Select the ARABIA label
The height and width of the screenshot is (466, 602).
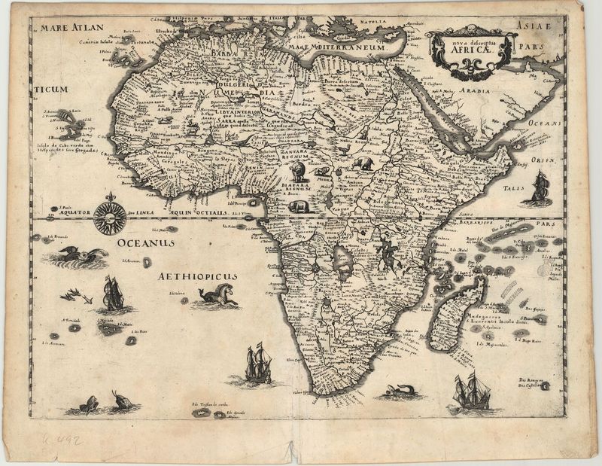(x=476, y=90)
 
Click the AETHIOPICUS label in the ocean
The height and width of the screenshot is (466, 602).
(x=198, y=277)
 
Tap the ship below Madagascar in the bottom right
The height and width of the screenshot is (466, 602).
(x=472, y=391)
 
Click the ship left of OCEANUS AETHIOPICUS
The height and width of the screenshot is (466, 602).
(x=111, y=294)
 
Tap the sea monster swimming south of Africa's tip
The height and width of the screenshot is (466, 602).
(x=399, y=391)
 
